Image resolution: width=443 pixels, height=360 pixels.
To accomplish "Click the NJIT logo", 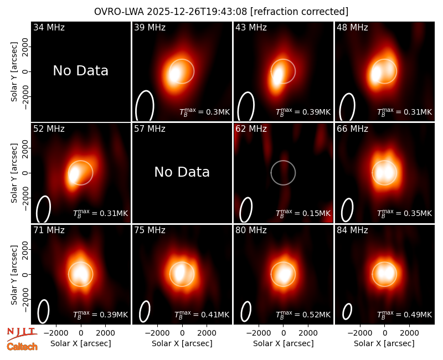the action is (22, 334).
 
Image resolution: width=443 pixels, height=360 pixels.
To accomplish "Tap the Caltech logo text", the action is (22, 347).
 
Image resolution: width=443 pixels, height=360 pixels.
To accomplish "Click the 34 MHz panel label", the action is (49, 27).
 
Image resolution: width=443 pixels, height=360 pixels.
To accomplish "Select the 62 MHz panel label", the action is (251, 129).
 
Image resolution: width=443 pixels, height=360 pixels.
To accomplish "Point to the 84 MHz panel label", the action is (352, 230).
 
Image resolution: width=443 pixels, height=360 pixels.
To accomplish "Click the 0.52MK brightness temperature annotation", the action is (303, 315).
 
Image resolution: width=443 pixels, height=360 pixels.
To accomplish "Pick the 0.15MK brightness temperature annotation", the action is (303, 213).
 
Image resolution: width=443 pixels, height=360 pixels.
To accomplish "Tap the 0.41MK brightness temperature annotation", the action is (202, 315).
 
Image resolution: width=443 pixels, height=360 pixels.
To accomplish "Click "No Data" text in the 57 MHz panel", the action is (182, 172).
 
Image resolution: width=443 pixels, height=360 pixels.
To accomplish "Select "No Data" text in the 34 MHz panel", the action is (81, 70).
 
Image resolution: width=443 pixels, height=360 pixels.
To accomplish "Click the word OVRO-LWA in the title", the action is (119, 12).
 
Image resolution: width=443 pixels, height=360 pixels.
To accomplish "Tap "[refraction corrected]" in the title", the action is (299, 12).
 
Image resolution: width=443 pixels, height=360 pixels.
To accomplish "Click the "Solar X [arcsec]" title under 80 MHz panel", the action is (283, 343).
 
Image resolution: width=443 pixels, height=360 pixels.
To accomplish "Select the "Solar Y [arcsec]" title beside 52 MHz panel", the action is (14, 173).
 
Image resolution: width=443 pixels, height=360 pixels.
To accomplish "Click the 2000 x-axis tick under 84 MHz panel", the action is (409, 333).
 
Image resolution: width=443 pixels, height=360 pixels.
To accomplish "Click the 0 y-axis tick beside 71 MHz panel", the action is (25, 274).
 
